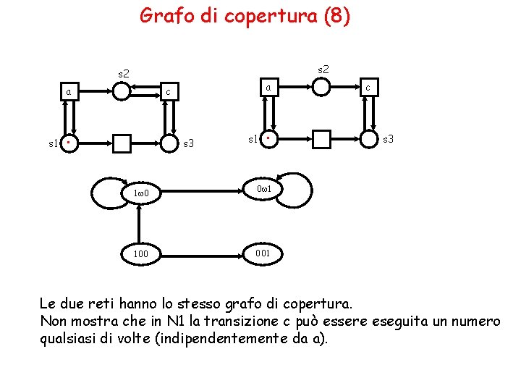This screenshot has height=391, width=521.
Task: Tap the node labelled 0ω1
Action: click(x=263, y=190)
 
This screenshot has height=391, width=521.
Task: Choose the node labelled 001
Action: click(x=263, y=253)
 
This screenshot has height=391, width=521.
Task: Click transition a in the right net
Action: click(x=268, y=88)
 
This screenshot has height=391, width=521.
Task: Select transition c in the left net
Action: click(x=168, y=92)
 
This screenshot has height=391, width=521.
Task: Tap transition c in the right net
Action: click(x=369, y=88)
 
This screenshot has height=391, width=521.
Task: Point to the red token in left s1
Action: click(x=66, y=143)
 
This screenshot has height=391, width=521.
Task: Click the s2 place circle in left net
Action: click(x=122, y=91)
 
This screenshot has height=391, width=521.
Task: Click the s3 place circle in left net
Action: click(x=169, y=143)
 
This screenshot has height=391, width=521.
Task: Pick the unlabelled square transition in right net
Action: click(x=321, y=138)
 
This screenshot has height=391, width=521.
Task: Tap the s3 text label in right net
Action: click(x=389, y=138)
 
